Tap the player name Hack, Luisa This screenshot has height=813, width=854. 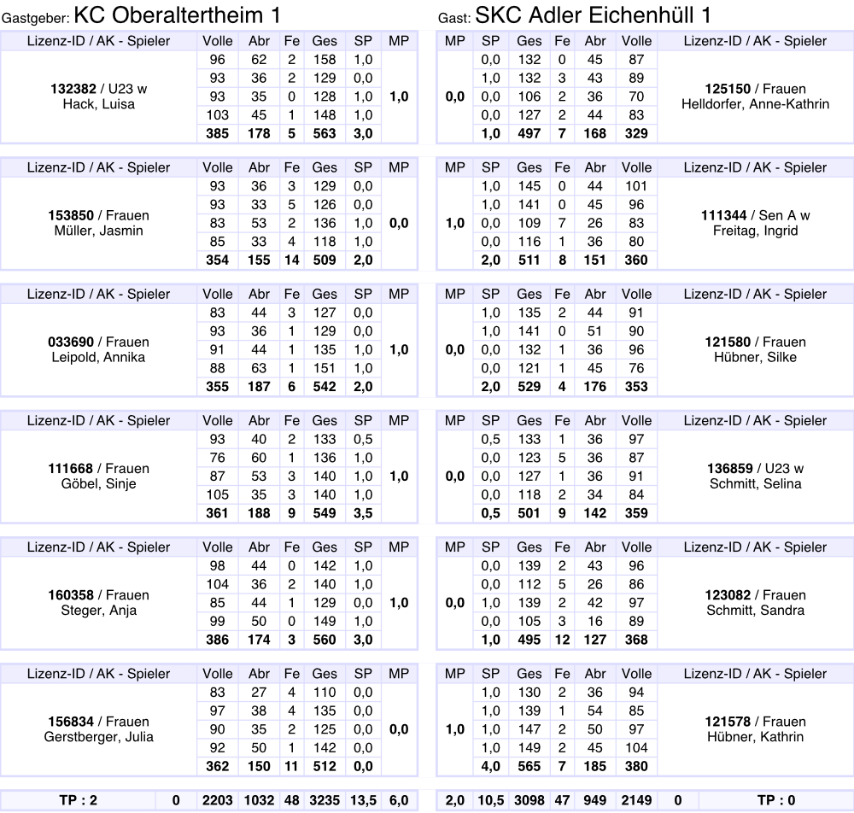99,104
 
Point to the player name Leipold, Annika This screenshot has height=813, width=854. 99,357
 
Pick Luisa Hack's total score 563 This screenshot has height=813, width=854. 325,133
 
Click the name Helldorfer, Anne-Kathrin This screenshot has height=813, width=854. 756,104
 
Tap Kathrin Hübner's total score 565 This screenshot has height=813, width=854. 529,766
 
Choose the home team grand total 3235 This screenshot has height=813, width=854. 325,800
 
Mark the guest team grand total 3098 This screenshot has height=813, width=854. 529,800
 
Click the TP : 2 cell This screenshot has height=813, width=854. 79,800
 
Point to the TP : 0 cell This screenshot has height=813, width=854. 776,800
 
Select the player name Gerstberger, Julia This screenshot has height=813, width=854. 99,737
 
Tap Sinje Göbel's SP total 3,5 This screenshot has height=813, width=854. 363,513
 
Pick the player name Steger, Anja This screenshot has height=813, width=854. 99,611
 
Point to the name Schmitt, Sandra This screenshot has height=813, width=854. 756,611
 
